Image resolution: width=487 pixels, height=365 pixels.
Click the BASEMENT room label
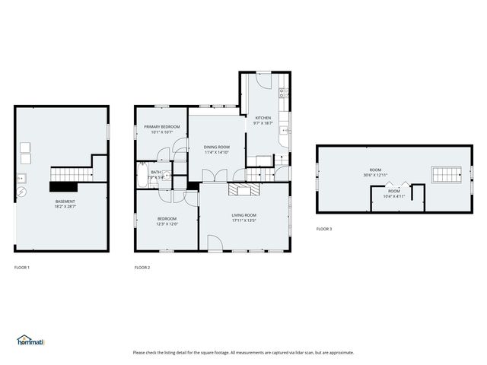(x=65, y=201)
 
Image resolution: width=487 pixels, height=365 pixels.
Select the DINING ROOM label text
(x=216, y=147)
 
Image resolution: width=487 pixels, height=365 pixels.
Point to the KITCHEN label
(x=263, y=118)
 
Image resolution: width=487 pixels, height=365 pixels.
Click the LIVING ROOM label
(x=243, y=215)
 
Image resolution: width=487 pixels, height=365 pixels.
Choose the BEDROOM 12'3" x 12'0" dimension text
(x=167, y=224)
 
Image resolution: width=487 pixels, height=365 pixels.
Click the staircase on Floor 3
(x=445, y=175)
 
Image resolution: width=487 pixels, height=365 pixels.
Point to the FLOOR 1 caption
(x=23, y=268)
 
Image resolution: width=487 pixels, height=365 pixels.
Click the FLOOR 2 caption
(x=142, y=268)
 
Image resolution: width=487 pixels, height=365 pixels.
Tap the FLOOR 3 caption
(x=324, y=229)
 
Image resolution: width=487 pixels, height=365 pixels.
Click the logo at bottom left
(x=30, y=341)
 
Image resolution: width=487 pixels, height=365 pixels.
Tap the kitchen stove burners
(x=283, y=94)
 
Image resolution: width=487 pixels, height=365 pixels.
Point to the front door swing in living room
(x=215, y=243)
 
